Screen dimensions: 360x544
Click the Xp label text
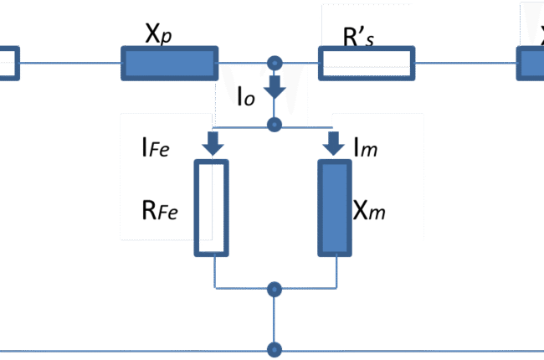(x=160, y=34)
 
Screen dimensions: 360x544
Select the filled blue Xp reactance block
(x=170, y=63)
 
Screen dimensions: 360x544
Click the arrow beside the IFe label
(x=213, y=143)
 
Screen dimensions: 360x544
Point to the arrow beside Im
(x=334, y=143)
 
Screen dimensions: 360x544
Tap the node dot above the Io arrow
(x=273, y=63)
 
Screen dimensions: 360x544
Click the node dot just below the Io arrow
(x=273, y=125)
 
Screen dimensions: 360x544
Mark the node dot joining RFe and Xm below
(x=273, y=290)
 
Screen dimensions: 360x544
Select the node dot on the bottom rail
(x=273, y=349)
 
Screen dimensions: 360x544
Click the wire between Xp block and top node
(x=243, y=63)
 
